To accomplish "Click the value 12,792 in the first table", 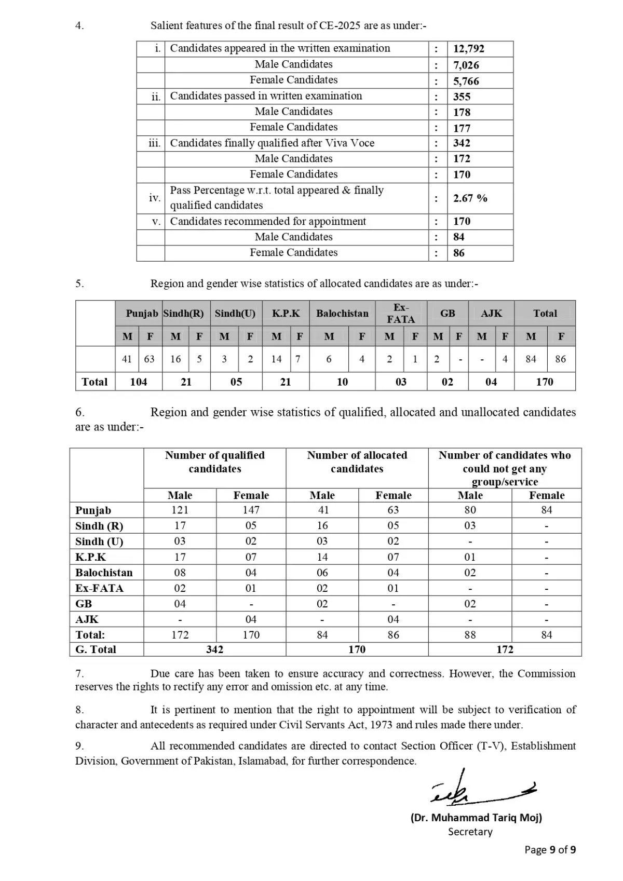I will pyautogui.click(x=468, y=49).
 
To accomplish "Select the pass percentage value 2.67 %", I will pyautogui.click(x=470, y=198).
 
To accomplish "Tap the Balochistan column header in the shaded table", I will pyautogui.click(x=342, y=314).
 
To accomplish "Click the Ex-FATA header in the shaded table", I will pyautogui.click(x=401, y=314).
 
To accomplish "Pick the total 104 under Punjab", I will pyautogui.click(x=138, y=382).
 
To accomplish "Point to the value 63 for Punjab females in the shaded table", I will pyautogui.click(x=150, y=359).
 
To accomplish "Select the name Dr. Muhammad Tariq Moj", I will pyautogui.click(x=476, y=818).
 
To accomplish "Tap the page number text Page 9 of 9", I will pyautogui.click(x=550, y=850).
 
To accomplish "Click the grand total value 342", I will pyautogui.click(x=214, y=649).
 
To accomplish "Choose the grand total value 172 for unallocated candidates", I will pyautogui.click(x=505, y=649).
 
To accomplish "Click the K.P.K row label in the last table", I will pyautogui.click(x=90, y=557).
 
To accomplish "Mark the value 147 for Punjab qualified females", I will pyautogui.click(x=251, y=510).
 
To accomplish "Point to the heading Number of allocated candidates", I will pyautogui.click(x=357, y=462).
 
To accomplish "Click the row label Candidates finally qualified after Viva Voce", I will pyautogui.click(x=272, y=143).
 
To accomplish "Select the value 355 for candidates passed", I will pyautogui.click(x=462, y=97).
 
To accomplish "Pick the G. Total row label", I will pyautogui.click(x=96, y=649).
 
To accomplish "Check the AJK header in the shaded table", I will pyautogui.click(x=491, y=314).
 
